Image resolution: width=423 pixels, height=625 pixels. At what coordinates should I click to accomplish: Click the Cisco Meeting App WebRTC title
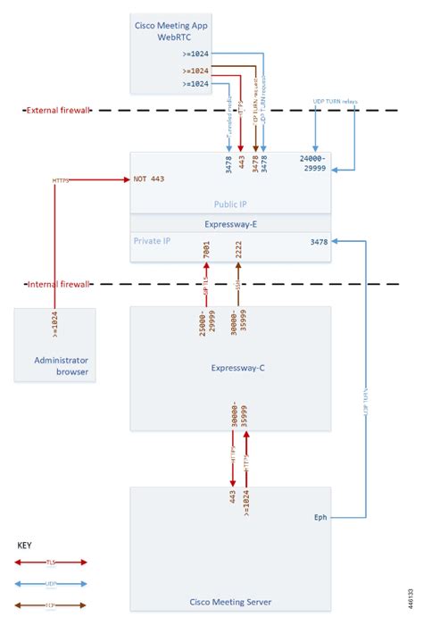(x=177, y=34)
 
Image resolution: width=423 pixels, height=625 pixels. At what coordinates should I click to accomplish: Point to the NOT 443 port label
(x=150, y=179)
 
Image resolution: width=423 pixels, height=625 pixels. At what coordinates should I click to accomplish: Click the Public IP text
(x=230, y=204)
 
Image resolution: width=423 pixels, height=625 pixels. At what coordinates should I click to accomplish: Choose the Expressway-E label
(x=230, y=226)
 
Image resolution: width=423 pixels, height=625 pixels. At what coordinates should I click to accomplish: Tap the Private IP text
(x=153, y=241)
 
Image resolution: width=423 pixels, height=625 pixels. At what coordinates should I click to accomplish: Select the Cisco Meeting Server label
(x=231, y=601)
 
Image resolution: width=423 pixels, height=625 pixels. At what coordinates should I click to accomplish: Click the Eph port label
(x=320, y=517)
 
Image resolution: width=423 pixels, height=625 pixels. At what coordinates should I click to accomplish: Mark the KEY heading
(x=27, y=543)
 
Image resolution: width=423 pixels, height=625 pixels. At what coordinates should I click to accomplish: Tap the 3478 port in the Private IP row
(x=319, y=242)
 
